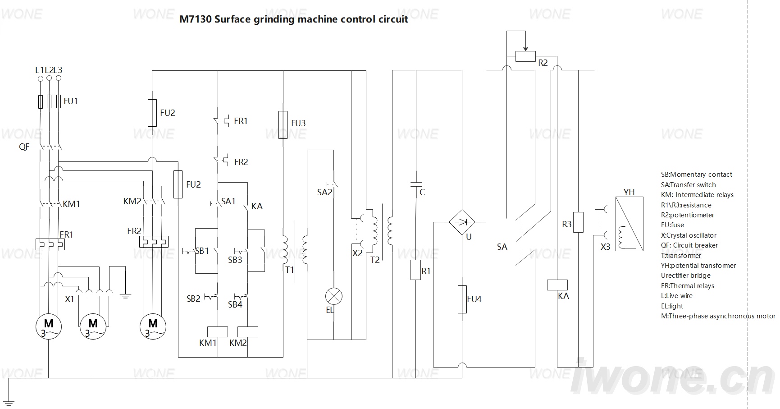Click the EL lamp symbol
(x=334, y=297)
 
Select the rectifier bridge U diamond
(x=462, y=222)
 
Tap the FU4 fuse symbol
(x=462, y=299)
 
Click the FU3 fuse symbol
(x=283, y=124)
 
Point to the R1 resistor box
(x=415, y=270)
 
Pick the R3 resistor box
(x=578, y=222)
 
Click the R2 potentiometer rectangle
(x=525, y=56)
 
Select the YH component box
(x=629, y=224)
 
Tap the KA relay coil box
(x=557, y=285)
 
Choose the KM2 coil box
(x=248, y=332)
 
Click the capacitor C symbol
(x=415, y=184)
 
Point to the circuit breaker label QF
(x=24, y=147)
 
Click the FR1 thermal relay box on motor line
(x=50, y=244)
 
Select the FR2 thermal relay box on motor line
(x=154, y=242)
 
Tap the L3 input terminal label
(x=58, y=70)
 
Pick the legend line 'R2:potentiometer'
(x=688, y=215)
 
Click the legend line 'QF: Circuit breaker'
(x=689, y=245)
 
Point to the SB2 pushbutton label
(x=193, y=299)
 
